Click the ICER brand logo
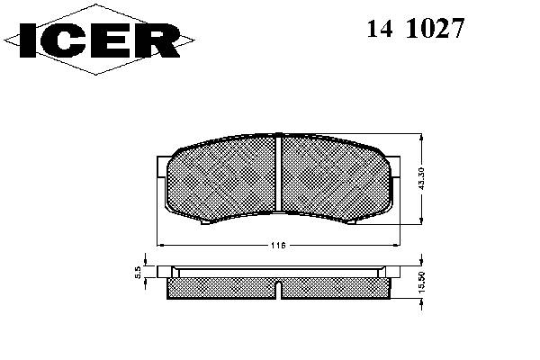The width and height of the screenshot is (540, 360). click(x=99, y=40)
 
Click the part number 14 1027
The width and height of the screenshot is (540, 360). click(x=416, y=28)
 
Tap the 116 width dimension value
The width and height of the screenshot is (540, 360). click(x=278, y=246)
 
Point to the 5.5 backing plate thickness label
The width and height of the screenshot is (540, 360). click(x=138, y=272)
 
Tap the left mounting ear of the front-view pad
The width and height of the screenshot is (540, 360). click(x=162, y=167)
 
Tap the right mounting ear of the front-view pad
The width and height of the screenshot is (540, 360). click(x=395, y=167)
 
